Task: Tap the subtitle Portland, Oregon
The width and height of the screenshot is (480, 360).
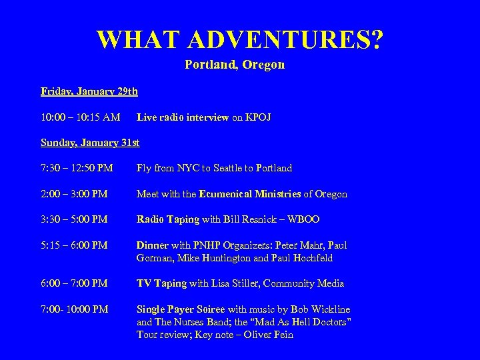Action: coord(235,65)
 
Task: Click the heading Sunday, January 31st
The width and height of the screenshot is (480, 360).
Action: coord(91,143)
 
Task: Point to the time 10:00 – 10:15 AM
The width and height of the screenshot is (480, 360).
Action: coord(81,117)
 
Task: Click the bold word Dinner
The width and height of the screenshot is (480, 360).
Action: coord(153,245)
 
